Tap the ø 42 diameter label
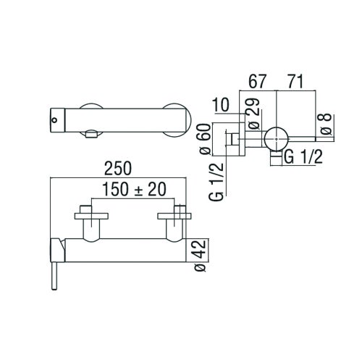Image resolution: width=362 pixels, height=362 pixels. [202, 256]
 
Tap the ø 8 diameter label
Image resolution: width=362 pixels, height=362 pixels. [327, 124]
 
